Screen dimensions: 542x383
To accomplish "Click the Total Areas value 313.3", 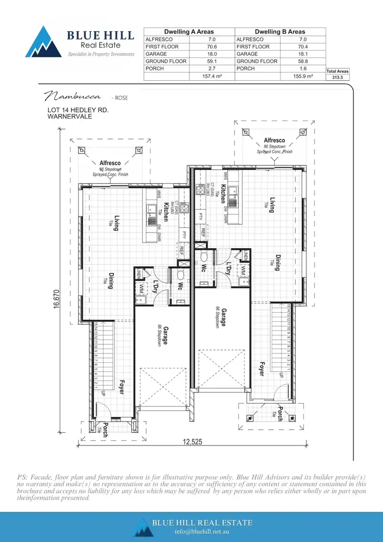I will point(338,77).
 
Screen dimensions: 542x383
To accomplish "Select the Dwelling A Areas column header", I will point(189,32).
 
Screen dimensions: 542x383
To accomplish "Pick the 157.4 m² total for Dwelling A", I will point(201,76).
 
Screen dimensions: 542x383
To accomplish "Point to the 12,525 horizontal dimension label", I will point(190,442).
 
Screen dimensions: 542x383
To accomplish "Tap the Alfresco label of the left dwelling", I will point(110,163).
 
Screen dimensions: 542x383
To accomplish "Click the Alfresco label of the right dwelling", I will point(274,140).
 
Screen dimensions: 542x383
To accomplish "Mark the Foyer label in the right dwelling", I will point(261,369).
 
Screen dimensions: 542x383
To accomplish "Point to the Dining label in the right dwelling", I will point(278,263).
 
